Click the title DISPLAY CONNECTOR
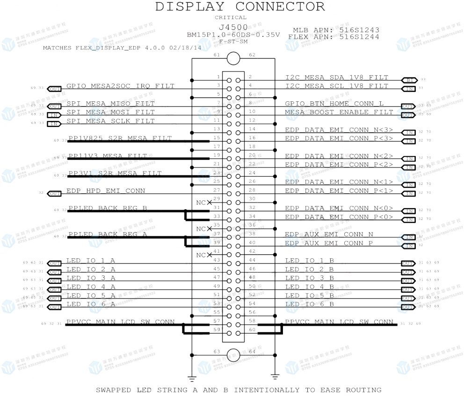239,7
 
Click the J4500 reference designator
233,28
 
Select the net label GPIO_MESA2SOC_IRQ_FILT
120,86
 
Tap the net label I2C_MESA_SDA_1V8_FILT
337,77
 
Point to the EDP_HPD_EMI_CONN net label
106,191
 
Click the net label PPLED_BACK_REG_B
108,208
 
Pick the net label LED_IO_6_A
91,304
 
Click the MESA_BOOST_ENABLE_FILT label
339,112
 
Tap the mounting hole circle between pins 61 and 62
233,59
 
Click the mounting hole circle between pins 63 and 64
233,354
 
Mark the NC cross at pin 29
209,202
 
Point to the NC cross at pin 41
209,255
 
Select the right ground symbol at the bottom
275,376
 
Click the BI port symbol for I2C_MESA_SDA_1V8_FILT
409,80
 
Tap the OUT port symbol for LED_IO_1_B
408,263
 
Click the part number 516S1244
359,36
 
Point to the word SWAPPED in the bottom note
113,390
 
